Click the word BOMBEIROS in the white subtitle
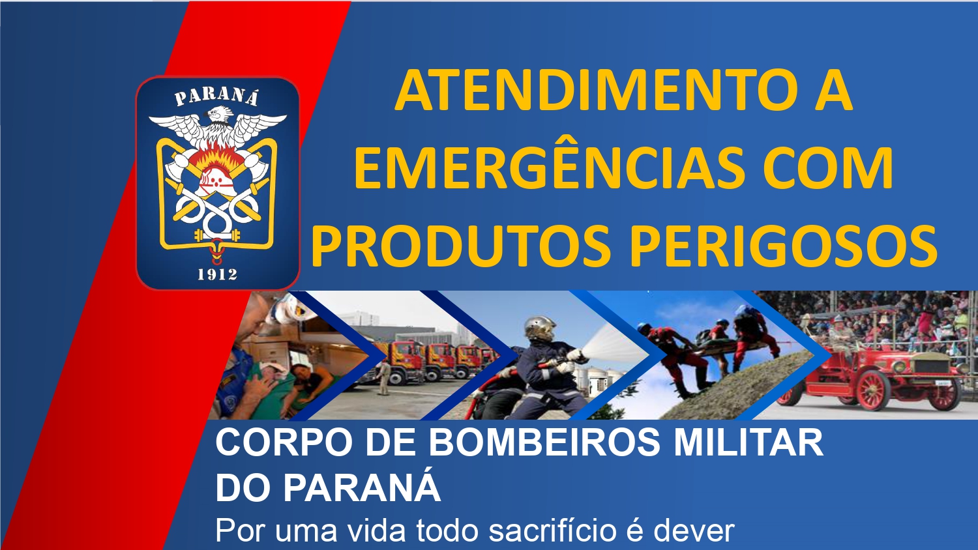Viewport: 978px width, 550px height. pyautogui.click(x=544, y=442)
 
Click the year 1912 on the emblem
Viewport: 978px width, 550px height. pyautogui.click(x=217, y=274)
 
